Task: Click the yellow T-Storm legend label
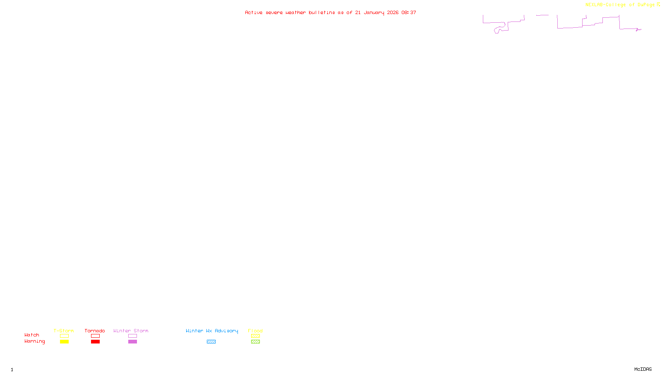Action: point(64,331)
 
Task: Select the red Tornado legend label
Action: point(95,331)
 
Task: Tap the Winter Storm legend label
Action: point(131,331)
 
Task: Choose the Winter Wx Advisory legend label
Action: point(212,331)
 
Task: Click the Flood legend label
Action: point(255,331)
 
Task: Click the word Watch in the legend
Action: point(32,335)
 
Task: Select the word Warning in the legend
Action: point(34,341)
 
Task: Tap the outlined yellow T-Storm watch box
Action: point(64,336)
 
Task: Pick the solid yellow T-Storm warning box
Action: point(64,342)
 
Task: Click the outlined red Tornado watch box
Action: point(95,336)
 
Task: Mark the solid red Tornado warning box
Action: point(95,342)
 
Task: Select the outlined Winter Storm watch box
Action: point(132,336)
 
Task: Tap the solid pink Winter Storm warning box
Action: point(132,342)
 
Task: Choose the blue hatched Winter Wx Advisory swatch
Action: point(211,342)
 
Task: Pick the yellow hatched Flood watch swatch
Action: point(255,336)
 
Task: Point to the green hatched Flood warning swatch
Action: point(255,342)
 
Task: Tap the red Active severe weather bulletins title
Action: point(330,12)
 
